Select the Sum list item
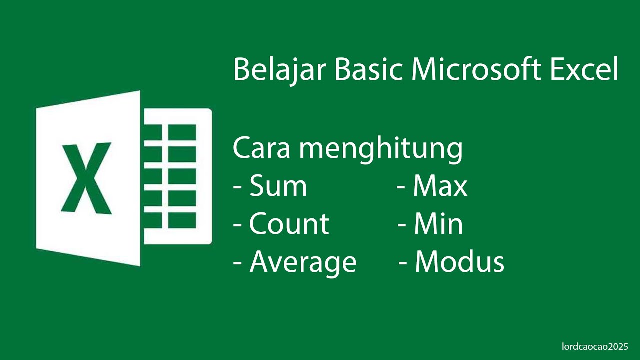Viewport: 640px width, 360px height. (278, 186)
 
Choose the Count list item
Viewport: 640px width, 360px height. (289, 224)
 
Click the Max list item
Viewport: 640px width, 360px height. (440, 186)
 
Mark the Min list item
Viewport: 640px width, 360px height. (438, 224)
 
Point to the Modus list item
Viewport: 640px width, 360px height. (459, 262)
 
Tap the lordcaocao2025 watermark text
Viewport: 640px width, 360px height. (594, 346)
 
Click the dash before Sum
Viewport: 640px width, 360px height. (238, 188)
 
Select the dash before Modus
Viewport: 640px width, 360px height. (403, 263)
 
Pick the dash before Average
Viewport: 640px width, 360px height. (238, 263)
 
